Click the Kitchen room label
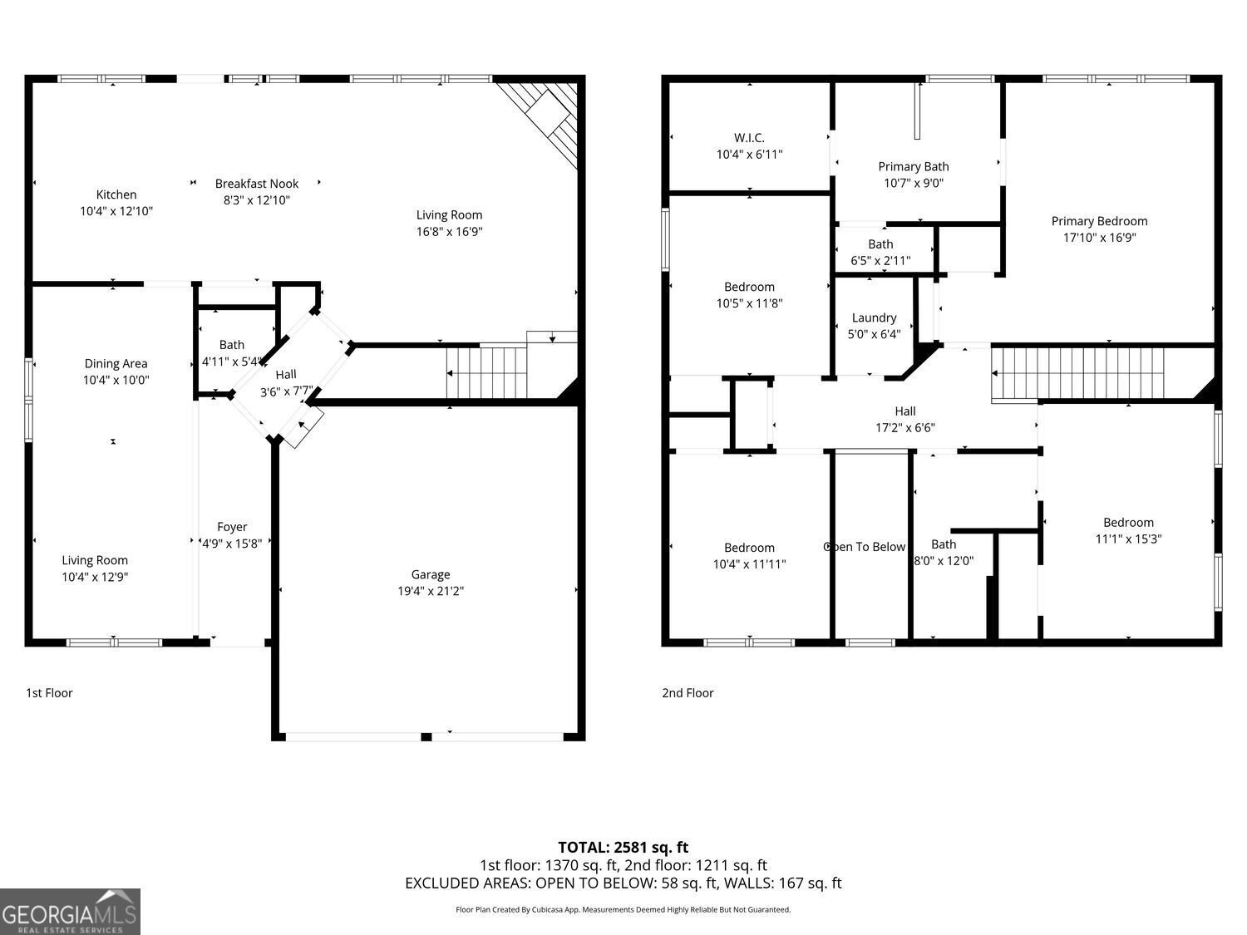pos(116,195)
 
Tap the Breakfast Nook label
pos(256,184)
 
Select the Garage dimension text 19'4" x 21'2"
pos(430,592)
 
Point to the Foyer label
pos(232,527)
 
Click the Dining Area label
pos(116,363)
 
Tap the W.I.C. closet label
pos(749,138)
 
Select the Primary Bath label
pos(913,167)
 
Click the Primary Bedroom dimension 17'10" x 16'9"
pos(1099,238)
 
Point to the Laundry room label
pos(874,317)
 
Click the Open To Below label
pos(865,547)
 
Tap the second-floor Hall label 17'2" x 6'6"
pos(905,420)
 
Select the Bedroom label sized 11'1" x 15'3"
pos(1128,530)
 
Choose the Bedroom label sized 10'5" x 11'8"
pos(749,295)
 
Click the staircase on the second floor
pos(1089,374)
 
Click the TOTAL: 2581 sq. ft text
pos(623,848)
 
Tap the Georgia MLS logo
pos(70,912)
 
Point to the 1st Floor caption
pos(49,693)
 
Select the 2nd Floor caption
pos(688,693)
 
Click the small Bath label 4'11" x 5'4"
pos(232,353)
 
